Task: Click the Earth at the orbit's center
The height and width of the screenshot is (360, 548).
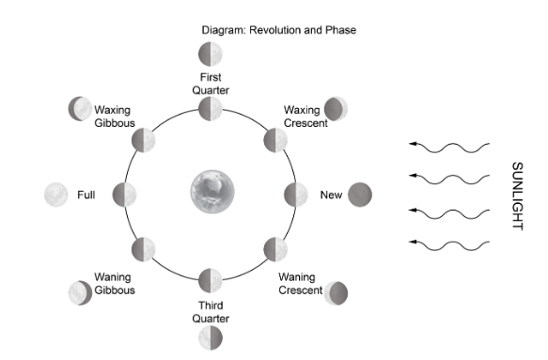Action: (212, 192)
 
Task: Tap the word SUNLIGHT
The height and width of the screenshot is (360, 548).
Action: (518, 196)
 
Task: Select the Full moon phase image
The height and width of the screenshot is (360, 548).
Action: (56, 195)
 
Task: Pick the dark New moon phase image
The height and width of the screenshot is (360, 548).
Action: (360, 195)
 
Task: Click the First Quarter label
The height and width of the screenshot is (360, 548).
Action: (211, 84)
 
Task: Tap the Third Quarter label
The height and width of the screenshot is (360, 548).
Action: (211, 312)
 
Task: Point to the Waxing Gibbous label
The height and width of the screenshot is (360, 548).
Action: (115, 117)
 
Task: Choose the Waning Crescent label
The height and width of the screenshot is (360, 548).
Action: (300, 284)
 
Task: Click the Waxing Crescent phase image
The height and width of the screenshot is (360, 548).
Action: (336, 109)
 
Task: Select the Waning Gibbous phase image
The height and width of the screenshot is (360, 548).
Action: (81, 292)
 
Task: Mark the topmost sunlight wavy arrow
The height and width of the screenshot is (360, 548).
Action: (449, 148)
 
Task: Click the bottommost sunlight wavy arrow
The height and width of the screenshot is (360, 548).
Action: (449, 245)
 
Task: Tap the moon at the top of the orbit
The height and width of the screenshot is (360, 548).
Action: (211, 109)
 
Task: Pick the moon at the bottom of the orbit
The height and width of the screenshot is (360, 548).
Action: (211, 280)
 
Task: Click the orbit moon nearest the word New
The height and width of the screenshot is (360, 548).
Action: (296, 195)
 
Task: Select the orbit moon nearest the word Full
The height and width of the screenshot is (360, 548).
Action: (124, 195)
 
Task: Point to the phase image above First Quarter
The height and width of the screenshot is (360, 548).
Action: (211, 55)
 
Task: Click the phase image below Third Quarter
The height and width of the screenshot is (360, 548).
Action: (211, 337)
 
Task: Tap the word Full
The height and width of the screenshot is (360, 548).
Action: (86, 195)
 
